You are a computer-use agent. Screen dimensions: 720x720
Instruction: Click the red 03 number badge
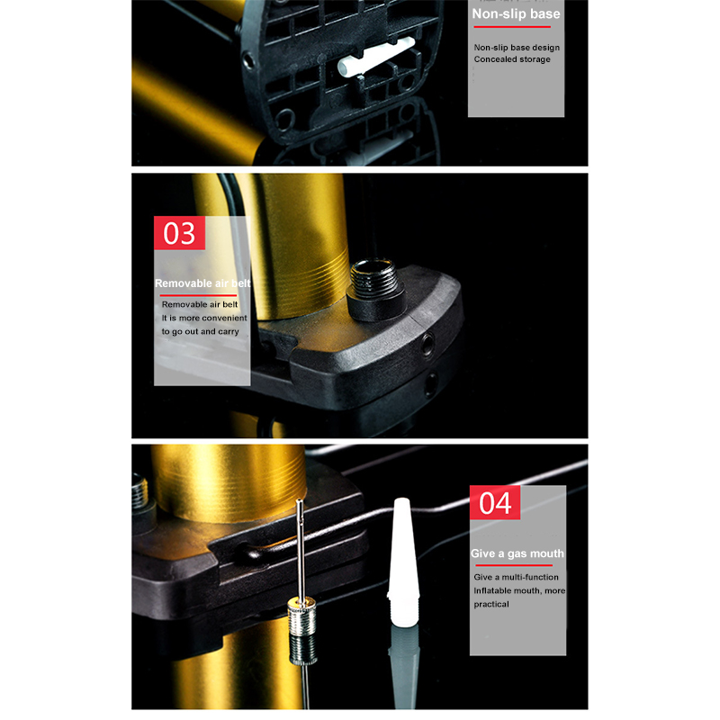[x=179, y=233]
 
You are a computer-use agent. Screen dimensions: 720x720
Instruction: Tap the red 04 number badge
[x=495, y=502]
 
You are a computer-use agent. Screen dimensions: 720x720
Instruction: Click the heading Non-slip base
[x=516, y=13]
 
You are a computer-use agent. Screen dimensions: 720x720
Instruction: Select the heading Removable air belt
[x=202, y=283]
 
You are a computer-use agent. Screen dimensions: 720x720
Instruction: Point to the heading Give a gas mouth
[x=517, y=553]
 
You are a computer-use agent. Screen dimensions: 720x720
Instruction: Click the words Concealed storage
[x=512, y=59]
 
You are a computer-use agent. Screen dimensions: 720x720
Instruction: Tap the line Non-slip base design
[x=517, y=48]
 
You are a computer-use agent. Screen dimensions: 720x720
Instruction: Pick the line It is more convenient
[x=204, y=318]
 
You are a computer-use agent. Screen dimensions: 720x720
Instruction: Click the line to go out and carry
[x=200, y=331]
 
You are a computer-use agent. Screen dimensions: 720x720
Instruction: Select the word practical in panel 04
[x=491, y=604]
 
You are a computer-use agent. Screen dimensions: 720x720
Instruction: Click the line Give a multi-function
[x=516, y=577]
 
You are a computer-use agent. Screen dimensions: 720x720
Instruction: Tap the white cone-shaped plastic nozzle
[x=403, y=561]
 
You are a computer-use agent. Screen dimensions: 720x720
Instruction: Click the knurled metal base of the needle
[x=301, y=616]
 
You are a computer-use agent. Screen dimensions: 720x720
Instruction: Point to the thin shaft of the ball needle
[x=300, y=549]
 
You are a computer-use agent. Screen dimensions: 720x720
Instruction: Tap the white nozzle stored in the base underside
[x=375, y=57]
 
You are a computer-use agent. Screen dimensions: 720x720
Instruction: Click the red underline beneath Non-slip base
[x=512, y=27]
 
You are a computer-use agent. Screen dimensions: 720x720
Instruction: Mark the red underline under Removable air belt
[x=198, y=295]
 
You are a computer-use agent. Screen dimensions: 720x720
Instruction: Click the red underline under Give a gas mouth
[x=514, y=565]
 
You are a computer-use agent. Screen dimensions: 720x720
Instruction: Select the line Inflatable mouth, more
[x=519, y=590]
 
